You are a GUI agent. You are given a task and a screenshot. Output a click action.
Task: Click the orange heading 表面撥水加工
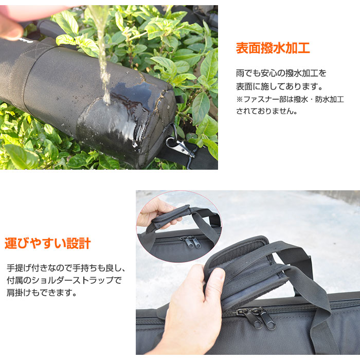[x=273, y=48]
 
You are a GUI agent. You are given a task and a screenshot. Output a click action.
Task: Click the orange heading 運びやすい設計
[x=48, y=243]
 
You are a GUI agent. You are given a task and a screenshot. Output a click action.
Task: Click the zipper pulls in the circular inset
[x=191, y=242]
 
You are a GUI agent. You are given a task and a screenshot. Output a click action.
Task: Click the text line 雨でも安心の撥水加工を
[x=281, y=73]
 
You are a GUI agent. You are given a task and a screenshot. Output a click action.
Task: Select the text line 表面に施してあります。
[x=279, y=86]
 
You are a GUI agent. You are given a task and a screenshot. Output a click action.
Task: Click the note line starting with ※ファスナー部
[x=290, y=99]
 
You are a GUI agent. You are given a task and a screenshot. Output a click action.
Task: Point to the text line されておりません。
[x=267, y=112]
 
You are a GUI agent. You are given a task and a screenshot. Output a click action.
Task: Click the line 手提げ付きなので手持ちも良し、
[x=66, y=268]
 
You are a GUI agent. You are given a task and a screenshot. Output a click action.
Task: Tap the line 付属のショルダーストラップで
[x=64, y=280]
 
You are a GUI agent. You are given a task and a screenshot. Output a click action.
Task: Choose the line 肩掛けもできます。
[x=42, y=293]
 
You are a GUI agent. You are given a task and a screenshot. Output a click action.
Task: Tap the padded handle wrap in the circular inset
[x=171, y=217]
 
